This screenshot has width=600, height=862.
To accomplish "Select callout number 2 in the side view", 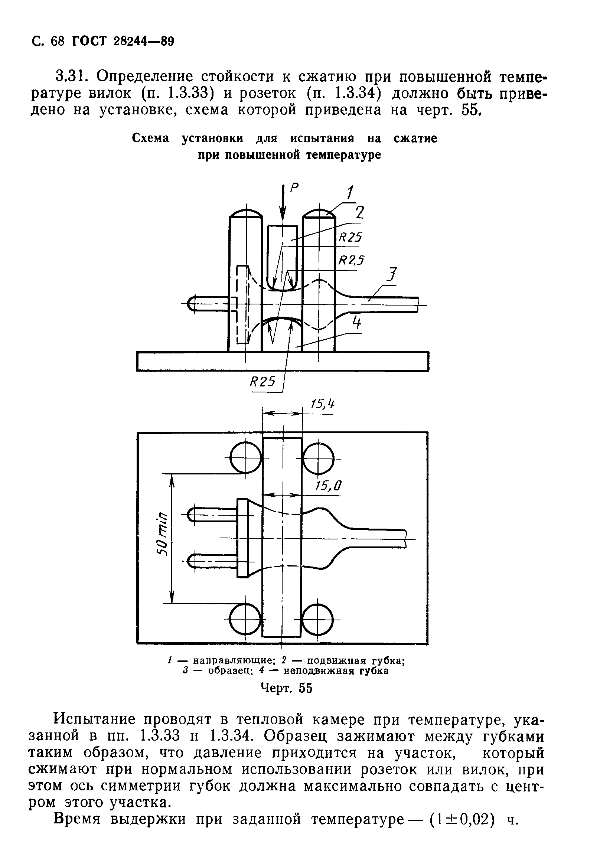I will [x=359, y=213].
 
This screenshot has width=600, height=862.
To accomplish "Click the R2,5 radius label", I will [x=352, y=260].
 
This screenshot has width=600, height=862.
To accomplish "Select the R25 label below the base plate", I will [x=262, y=382].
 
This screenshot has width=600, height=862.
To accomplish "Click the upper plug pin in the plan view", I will [x=212, y=515].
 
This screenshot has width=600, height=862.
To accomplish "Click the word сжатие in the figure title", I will [x=415, y=138].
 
